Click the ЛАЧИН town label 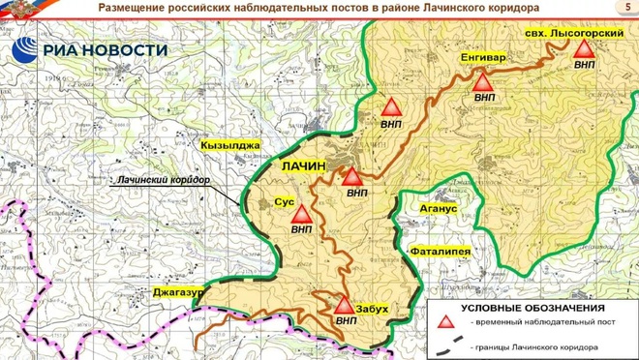point(303,166)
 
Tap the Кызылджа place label point(230,145)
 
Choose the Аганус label point(432,208)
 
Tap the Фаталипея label point(441,252)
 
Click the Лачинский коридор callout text point(162,180)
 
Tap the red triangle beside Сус point(302,214)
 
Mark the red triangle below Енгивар point(484,82)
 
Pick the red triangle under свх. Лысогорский point(584,50)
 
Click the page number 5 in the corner point(619,9)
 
